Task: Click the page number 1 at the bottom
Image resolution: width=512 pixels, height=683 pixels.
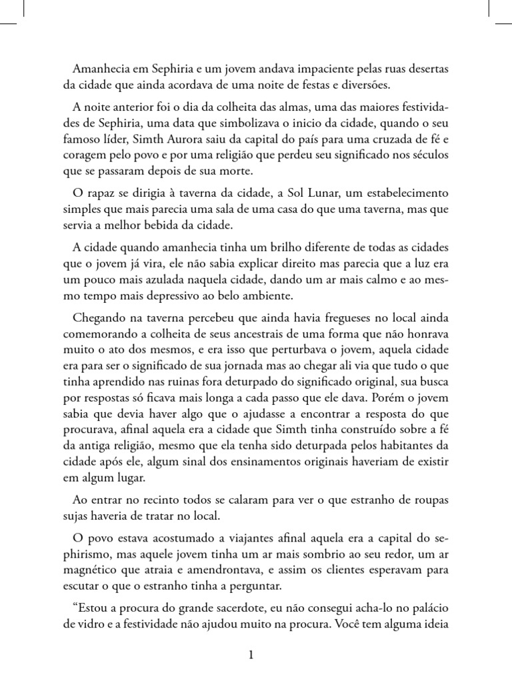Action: pyautogui.click(x=251, y=656)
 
